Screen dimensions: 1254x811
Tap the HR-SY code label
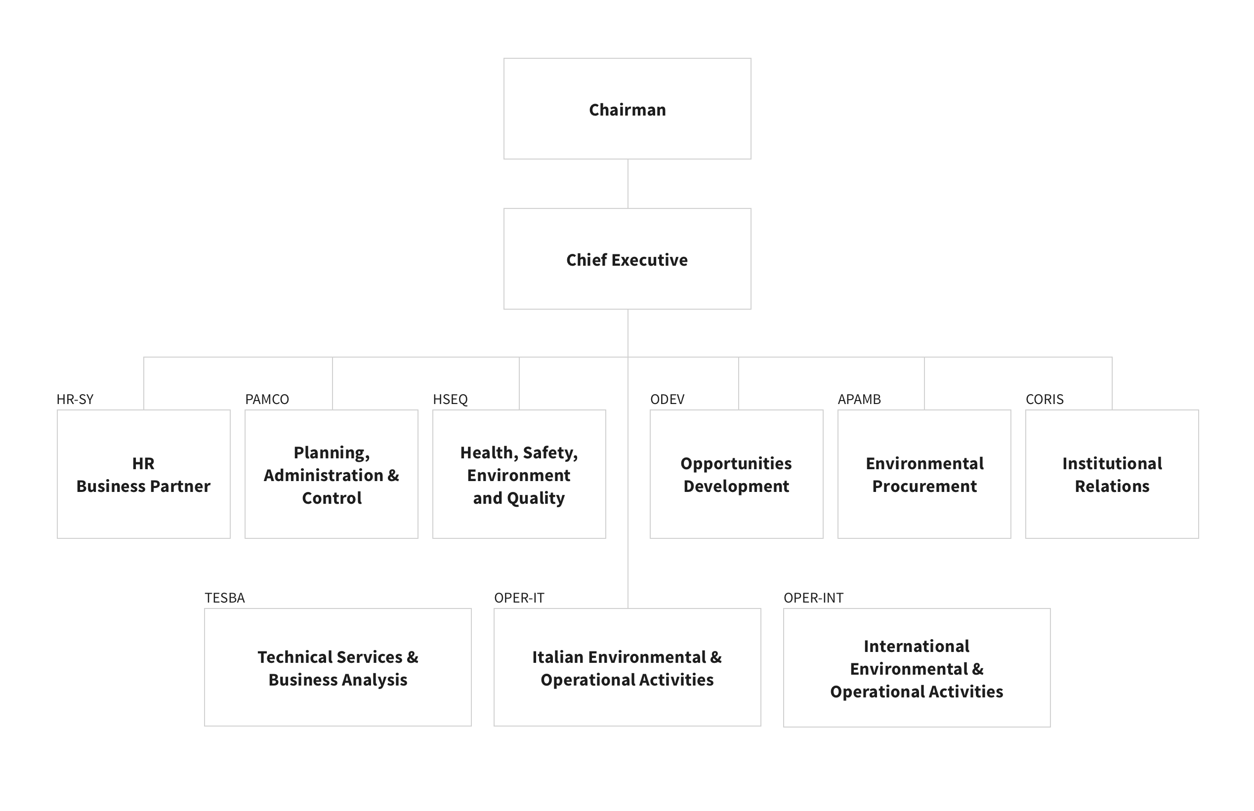click(75, 399)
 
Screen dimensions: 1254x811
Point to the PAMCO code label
click(267, 399)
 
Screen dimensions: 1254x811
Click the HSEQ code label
click(450, 399)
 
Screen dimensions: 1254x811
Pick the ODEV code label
click(668, 399)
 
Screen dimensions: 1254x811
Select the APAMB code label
click(859, 399)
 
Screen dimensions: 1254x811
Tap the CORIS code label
click(1045, 399)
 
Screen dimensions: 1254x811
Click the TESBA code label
click(225, 598)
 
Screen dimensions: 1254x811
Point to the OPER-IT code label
click(519, 598)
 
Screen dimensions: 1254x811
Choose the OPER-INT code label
click(814, 598)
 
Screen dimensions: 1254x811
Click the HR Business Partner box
click(144, 474)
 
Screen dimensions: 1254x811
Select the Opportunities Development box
click(736, 474)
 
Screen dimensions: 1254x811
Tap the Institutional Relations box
click(1112, 474)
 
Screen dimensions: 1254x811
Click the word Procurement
click(924, 486)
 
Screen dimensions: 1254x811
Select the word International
click(917, 646)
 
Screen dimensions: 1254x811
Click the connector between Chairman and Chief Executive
click(628, 184)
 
